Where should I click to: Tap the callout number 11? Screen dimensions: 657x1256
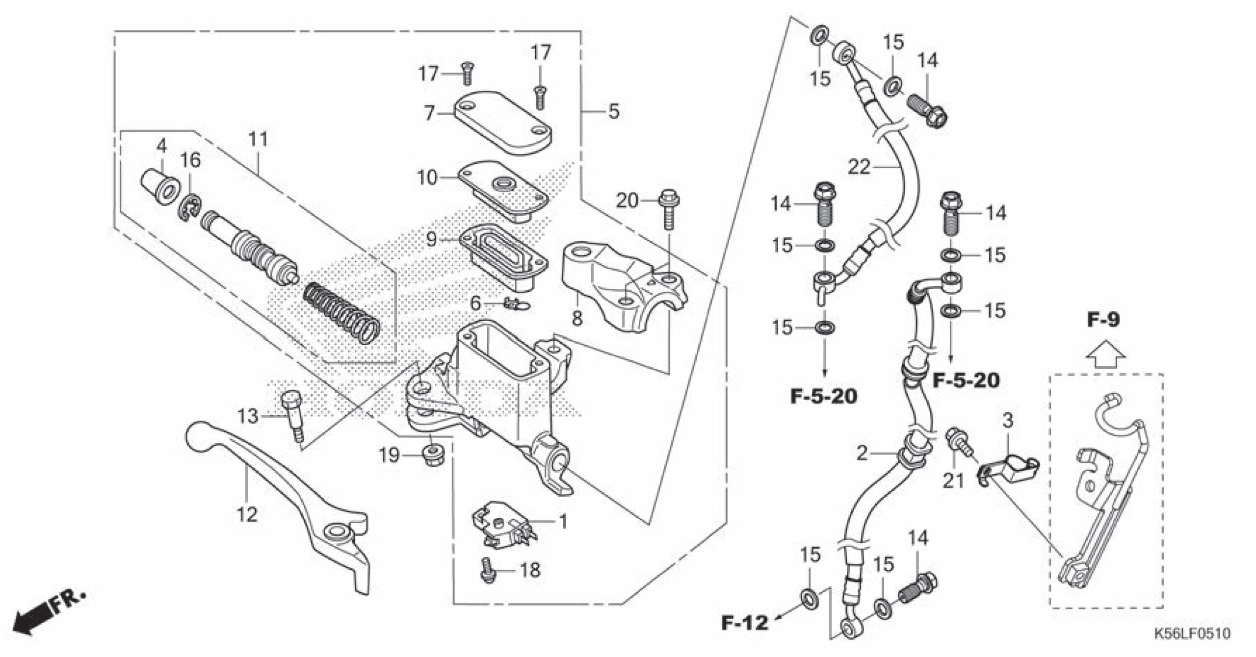click(x=259, y=140)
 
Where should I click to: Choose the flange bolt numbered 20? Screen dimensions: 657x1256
click(x=668, y=211)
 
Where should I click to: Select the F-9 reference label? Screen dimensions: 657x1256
click(x=1103, y=320)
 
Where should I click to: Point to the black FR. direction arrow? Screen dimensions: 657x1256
click(x=32, y=620)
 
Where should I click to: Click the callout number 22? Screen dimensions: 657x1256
click(x=859, y=168)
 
